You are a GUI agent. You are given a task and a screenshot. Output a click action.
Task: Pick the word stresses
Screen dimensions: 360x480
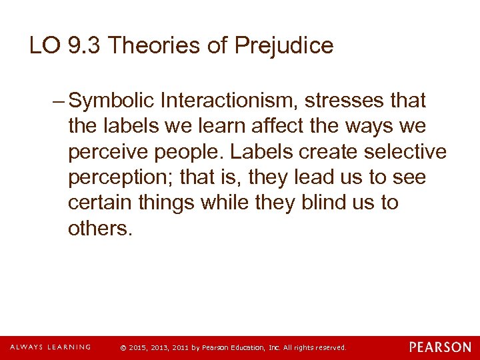[343, 101]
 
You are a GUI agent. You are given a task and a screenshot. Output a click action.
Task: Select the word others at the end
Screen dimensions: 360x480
[100, 229]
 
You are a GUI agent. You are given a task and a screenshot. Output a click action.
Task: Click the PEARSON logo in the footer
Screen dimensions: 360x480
[440, 347]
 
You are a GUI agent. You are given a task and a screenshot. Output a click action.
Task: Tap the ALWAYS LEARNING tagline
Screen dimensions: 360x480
[50, 347]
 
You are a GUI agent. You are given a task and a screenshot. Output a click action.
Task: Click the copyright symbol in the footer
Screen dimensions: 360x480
[121, 348]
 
